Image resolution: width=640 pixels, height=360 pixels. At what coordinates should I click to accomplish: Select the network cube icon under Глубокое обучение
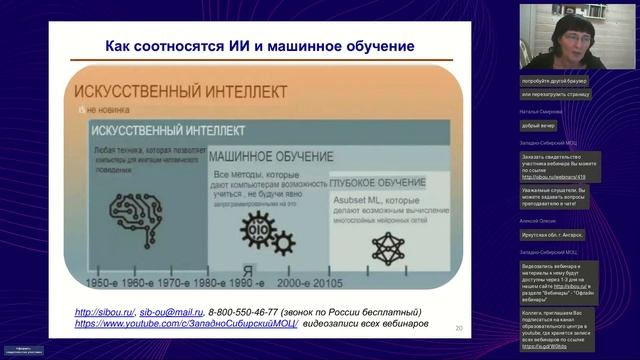[x=384, y=245]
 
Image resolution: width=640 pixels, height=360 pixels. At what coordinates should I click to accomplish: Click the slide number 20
[x=458, y=328]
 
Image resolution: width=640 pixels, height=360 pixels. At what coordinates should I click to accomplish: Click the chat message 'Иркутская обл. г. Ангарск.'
[x=550, y=234]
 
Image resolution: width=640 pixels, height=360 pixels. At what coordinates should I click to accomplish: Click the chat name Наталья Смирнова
[x=541, y=111]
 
